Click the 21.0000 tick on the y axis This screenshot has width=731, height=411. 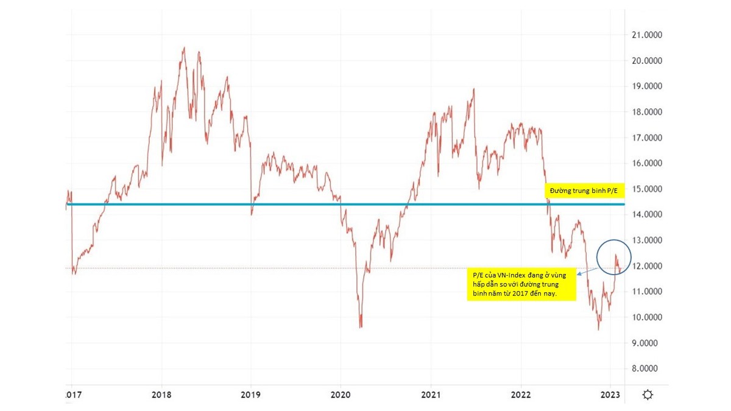pyautogui.click(x=647, y=35)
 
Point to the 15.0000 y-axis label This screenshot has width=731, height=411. pyautogui.click(x=647, y=189)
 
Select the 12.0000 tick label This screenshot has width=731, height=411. pyautogui.click(x=647, y=267)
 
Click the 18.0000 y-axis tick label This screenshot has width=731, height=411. pyautogui.click(x=647, y=112)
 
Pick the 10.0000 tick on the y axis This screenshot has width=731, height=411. pyautogui.click(x=647, y=318)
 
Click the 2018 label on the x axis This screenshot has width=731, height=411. pyautogui.click(x=161, y=395)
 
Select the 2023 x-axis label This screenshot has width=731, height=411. pyautogui.click(x=611, y=395)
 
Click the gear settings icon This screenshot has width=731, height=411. pyautogui.click(x=648, y=395)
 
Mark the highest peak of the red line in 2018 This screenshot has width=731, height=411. pyautogui.click(x=184, y=48)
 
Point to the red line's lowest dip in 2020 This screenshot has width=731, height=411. pyautogui.click(x=361, y=327)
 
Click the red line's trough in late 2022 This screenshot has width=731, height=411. pyautogui.click(x=598, y=329)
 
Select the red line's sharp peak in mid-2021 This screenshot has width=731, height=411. pyautogui.click(x=474, y=90)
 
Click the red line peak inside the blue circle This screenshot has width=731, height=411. pyautogui.click(x=616, y=255)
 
